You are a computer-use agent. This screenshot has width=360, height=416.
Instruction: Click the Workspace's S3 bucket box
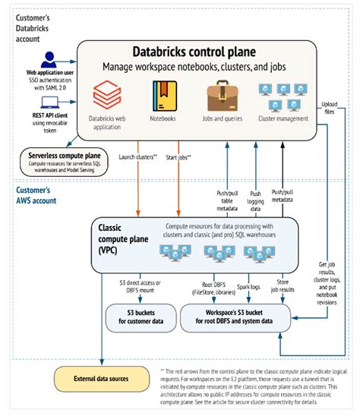pos(235,315)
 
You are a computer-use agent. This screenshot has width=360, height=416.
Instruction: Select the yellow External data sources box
pos(96,377)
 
